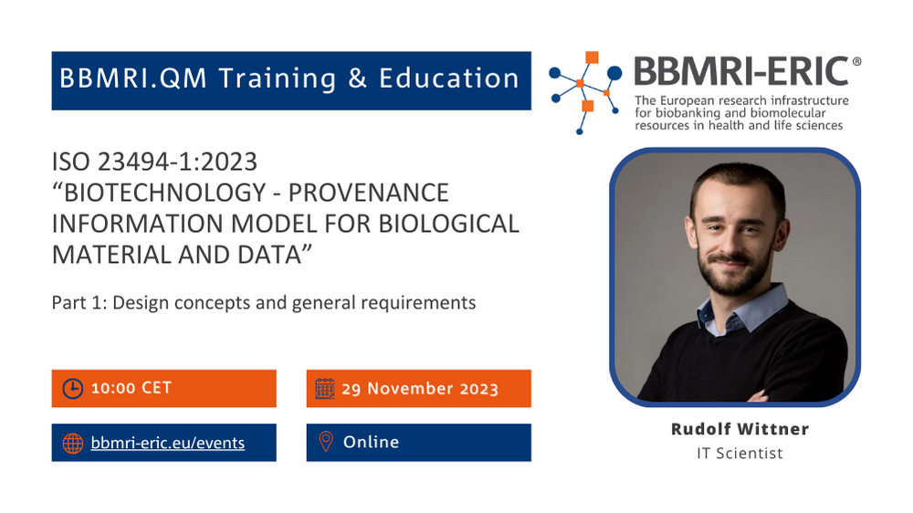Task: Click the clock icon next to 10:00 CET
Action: [73, 388]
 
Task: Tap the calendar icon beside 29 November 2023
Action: [325, 388]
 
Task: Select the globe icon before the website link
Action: [73, 443]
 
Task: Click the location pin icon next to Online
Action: [326, 442]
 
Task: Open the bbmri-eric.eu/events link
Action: [168, 443]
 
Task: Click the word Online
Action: [371, 442]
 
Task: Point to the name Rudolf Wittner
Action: [740, 429]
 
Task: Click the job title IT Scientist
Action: [740, 453]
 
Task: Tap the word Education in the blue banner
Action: [449, 79]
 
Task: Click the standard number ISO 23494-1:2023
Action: [154, 162]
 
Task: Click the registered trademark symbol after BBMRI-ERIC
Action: [856, 61]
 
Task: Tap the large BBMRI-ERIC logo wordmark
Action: [741, 71]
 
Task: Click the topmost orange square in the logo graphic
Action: [593, 58]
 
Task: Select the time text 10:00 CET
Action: [131, 388]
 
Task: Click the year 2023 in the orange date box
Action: [479, 389]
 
